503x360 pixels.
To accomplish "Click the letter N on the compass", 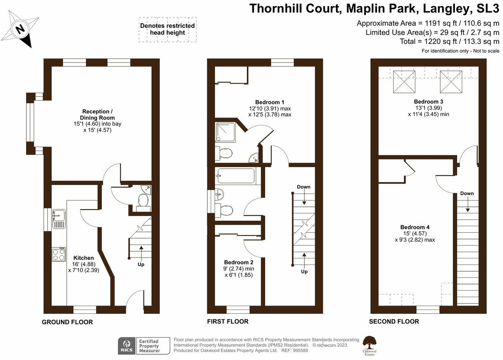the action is coord(21,29).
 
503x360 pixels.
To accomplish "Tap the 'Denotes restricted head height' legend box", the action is coord(168,29).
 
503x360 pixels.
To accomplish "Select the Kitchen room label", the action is coord(83,258).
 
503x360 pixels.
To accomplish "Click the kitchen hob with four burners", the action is coord(59,254).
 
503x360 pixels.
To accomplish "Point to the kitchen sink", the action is coord(59,219).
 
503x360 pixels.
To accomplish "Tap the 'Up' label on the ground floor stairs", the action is coord(141,265).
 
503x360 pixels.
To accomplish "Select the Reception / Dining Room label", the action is coord(97,114).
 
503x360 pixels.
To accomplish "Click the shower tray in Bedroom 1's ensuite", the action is coord(225,132).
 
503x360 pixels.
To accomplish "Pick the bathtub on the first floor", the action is coord(236,176).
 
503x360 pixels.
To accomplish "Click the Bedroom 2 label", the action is coord(239,262).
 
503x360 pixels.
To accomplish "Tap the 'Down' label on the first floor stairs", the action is coord(304,187).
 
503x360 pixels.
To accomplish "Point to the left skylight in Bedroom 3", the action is coord(404,82).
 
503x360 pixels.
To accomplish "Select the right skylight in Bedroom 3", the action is coord(451,82).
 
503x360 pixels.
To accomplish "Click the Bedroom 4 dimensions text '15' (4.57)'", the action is coord(415,234).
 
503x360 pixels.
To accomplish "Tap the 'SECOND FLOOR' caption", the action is coord(394,321).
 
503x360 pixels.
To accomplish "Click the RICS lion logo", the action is coord(127,346).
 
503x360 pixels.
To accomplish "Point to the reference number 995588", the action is coord(300,350).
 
